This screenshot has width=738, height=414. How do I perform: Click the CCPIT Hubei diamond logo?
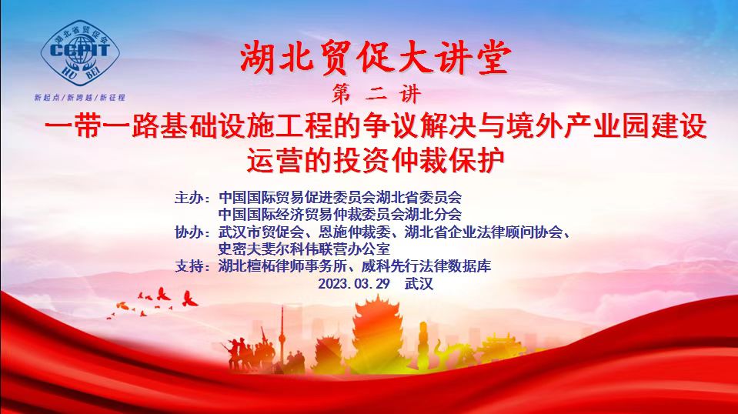coord(80,52)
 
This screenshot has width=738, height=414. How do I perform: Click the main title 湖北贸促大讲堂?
coord(375,58)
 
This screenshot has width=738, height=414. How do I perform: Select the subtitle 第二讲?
coord(376,94)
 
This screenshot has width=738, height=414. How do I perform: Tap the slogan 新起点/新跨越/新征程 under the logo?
coord(79,98)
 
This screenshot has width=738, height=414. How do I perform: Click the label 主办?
coord(192,197)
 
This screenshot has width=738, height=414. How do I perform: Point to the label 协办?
coord(192,232)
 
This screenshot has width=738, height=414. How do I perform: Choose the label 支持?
coord(192,266)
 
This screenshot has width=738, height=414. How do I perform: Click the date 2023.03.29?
coord(354,284)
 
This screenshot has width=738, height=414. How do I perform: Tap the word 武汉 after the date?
coord(419,284)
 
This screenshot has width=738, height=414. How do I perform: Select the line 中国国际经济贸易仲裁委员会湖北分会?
coord(340,215)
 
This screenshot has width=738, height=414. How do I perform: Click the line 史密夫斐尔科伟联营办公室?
coord(304,249)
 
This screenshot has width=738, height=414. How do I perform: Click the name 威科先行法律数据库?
coord(426,266)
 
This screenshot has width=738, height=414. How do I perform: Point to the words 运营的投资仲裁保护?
coord(376,161)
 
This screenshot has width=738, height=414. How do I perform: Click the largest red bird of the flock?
coord(189,299)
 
